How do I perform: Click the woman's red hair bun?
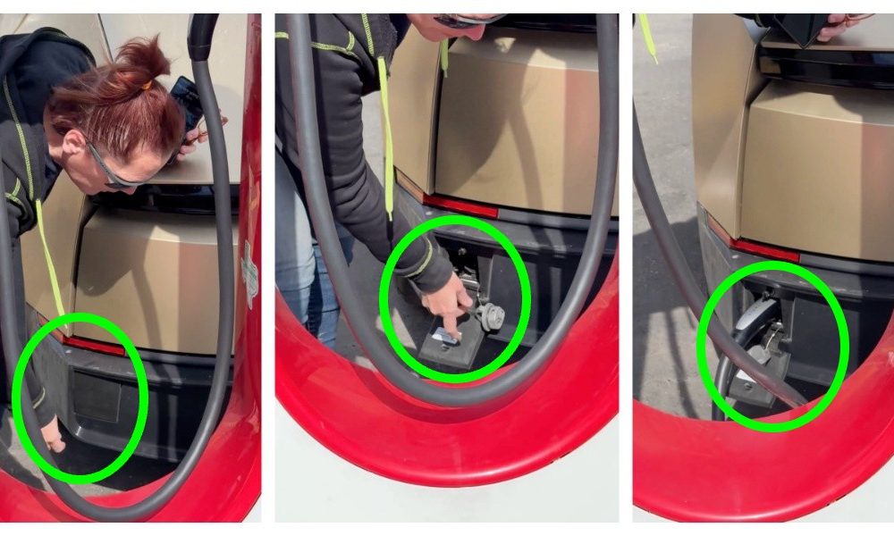click(x=143, y=58)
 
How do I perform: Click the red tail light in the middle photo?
click(x=460, y=205)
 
